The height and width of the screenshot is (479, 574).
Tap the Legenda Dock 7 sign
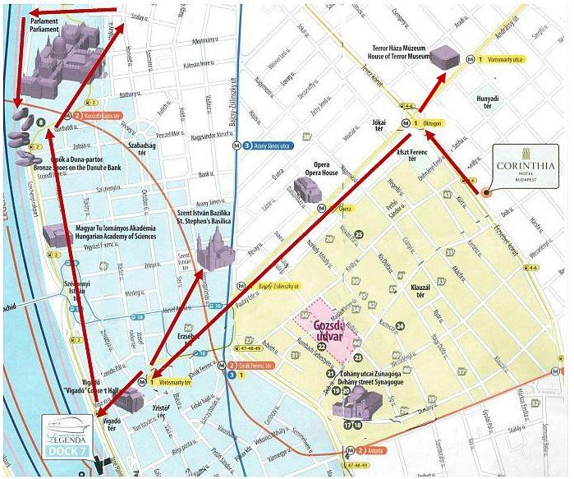click(67, 432)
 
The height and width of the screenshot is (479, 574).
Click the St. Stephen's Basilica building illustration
click(215, 246)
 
